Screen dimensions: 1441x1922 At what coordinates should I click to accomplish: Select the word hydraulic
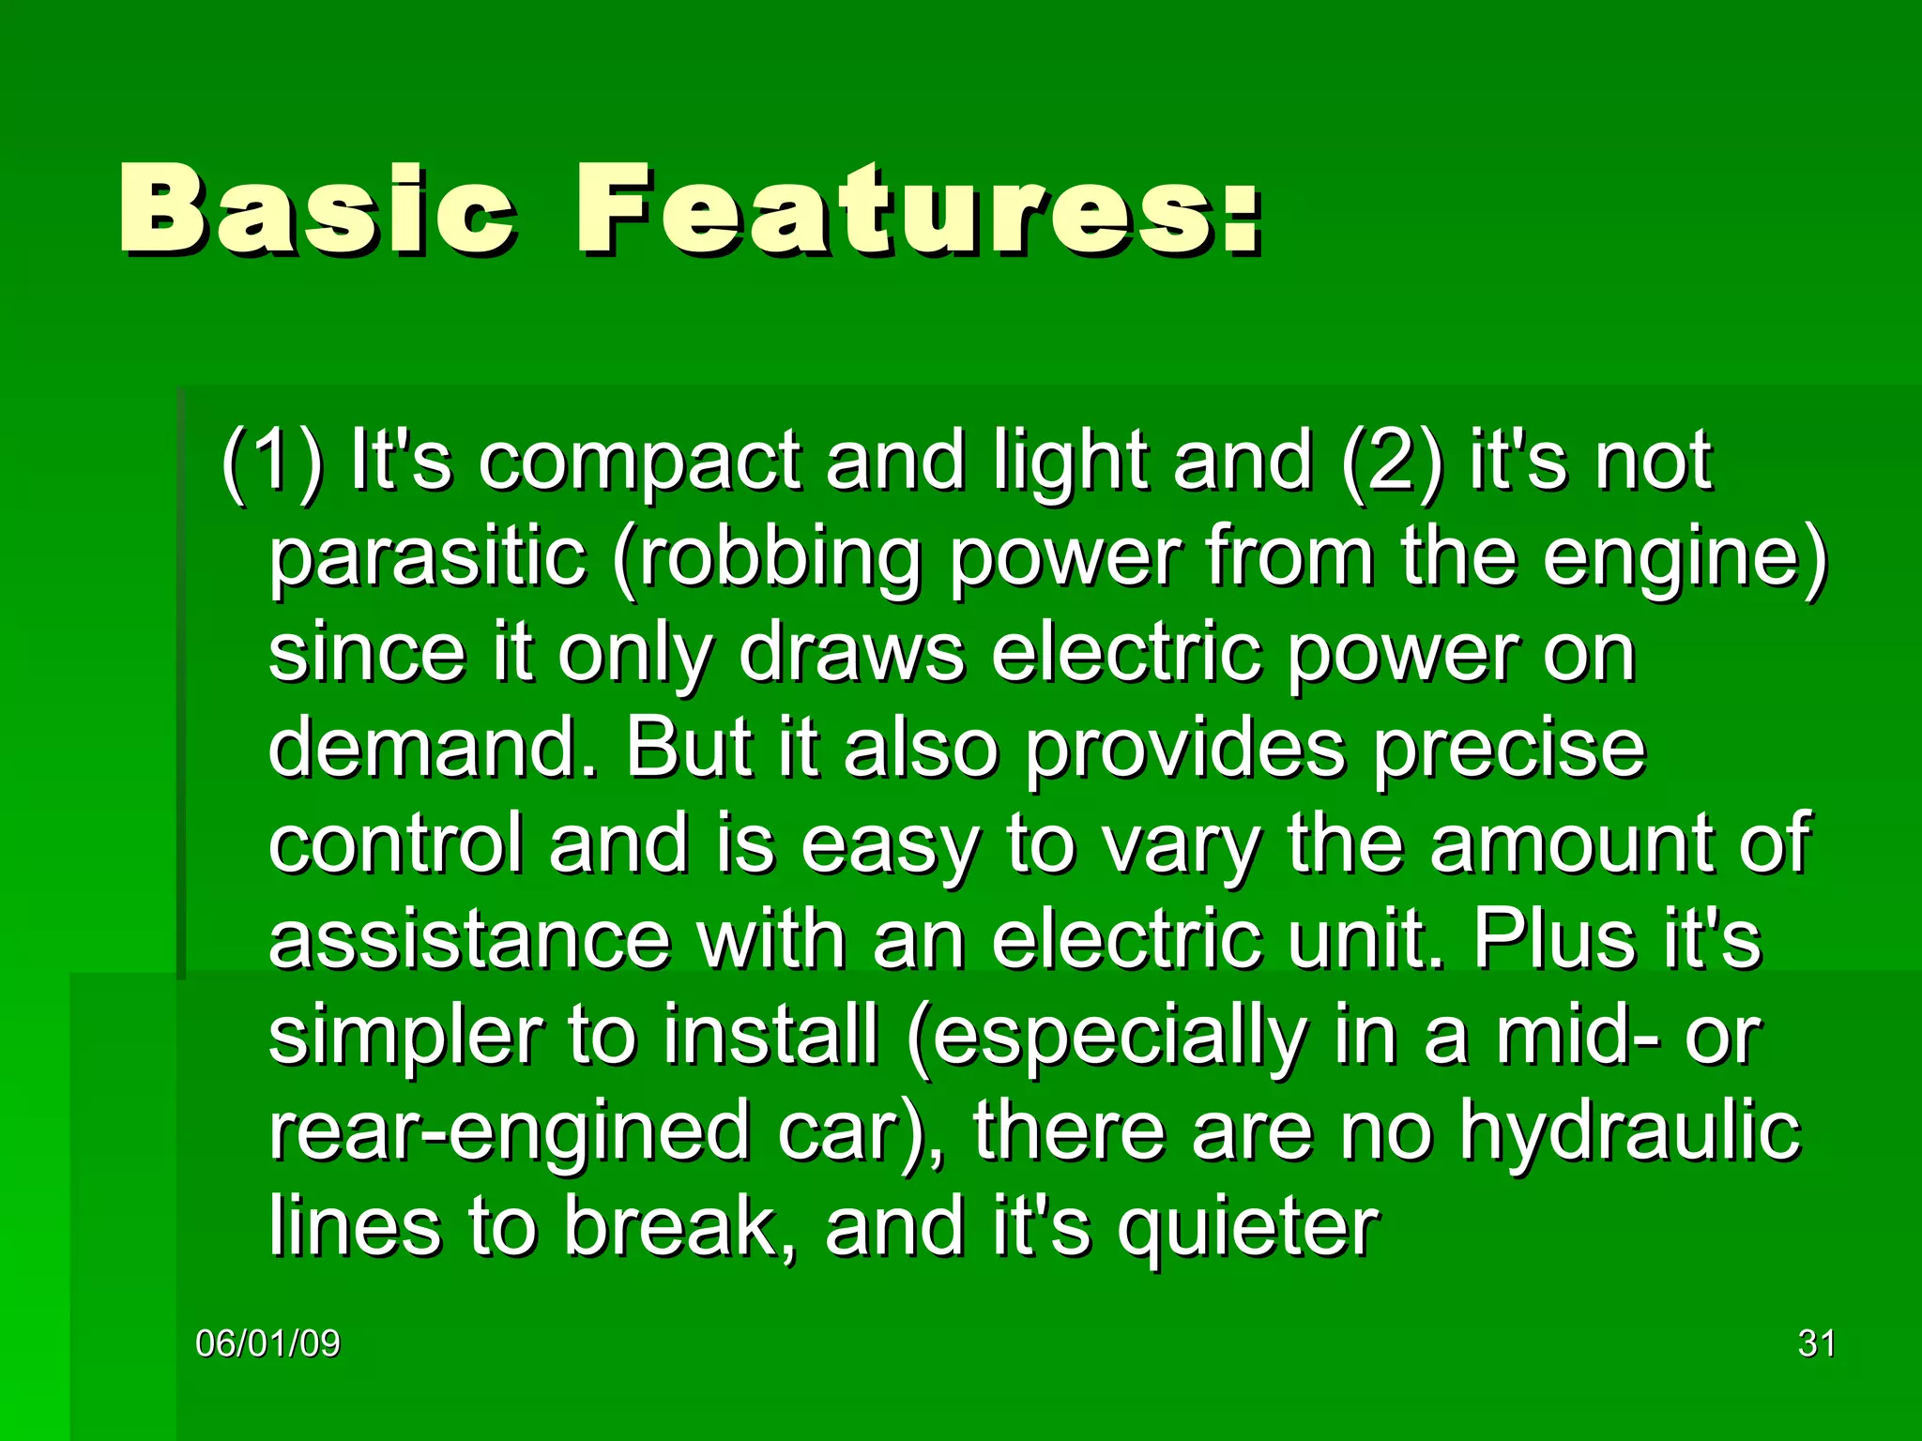click(1628, 1134)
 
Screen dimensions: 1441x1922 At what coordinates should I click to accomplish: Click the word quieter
click(1247, 1230)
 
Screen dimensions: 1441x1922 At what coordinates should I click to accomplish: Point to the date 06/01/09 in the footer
click(267, 1344)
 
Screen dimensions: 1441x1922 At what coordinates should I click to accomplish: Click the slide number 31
click(1816, 1344)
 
